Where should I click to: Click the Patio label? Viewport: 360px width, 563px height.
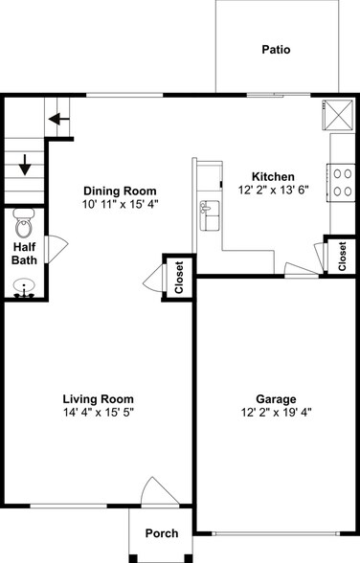point(276,50)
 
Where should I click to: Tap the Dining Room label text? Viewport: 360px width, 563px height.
point(119,191)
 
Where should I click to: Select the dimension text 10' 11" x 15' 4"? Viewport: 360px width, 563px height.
point(119,205)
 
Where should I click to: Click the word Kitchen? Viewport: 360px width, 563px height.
point(273,176)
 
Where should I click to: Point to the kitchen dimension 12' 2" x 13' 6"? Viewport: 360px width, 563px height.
point(273,191)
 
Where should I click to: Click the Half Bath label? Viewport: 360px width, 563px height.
point(24,253)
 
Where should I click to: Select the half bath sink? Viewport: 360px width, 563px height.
point(24,287)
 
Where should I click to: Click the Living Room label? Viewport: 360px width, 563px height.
point(98,398)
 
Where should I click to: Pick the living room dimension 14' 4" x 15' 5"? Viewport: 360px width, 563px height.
point(98,413)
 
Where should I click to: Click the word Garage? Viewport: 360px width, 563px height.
point(275,398)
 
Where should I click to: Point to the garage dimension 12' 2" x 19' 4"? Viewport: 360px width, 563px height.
point(275,413)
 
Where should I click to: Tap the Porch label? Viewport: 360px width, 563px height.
point(161,533)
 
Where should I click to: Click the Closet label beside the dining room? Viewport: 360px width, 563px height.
point(178,278)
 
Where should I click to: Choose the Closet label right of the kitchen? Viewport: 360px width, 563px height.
point(343,256)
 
